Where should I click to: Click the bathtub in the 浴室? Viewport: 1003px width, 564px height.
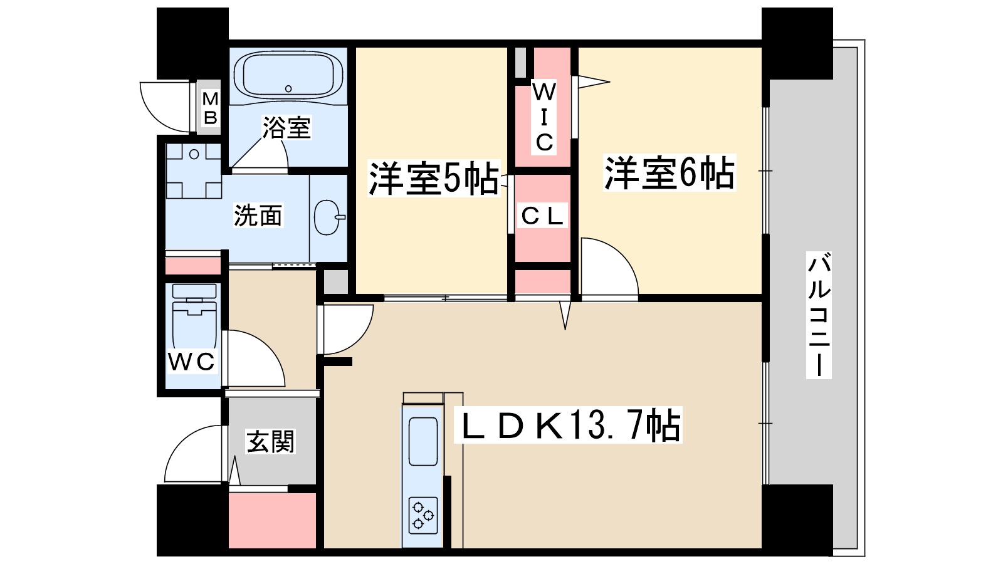288,76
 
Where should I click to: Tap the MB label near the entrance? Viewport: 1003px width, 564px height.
210,108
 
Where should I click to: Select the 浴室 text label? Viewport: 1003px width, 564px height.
286,128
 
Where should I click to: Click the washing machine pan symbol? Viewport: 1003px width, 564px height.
194,170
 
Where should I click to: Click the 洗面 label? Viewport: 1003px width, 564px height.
258,216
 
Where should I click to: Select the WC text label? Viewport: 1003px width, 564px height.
192,362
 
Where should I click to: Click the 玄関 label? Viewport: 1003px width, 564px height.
270,441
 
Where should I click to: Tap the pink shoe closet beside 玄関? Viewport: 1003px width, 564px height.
272,521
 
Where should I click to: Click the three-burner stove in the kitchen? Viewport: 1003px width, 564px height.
423,515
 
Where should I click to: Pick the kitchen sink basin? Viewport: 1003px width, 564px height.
423,442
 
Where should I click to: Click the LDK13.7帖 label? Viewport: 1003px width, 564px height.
568,425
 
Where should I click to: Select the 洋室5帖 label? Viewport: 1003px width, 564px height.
433,178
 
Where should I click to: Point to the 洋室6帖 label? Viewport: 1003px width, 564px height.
670,173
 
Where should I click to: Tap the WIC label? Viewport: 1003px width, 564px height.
544,117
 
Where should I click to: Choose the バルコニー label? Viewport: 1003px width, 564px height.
819,315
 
